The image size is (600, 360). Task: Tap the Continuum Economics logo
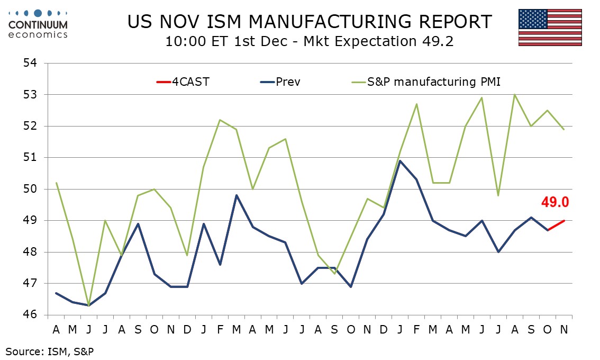pos(38,24)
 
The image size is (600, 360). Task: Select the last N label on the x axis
pos(565,329)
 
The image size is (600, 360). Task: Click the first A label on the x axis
pos(56,329)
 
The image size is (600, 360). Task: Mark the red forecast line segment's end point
pos(565,220)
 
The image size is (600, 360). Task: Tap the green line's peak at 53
pos(515,95)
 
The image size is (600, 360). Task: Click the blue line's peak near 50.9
pos(401,160)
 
